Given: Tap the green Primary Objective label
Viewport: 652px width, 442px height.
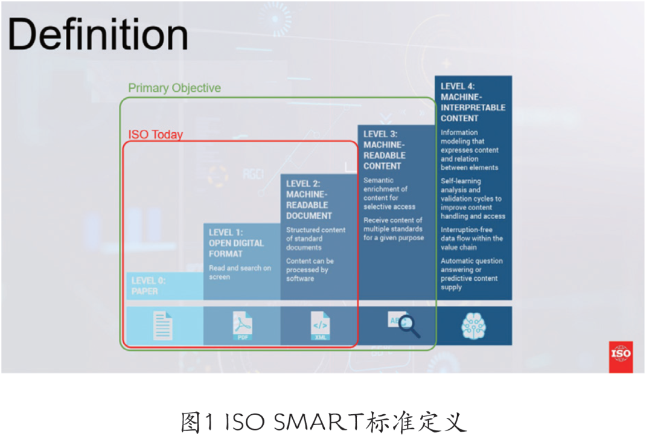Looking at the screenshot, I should pos(174,88).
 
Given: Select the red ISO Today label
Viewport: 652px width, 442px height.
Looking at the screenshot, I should pos(156,135).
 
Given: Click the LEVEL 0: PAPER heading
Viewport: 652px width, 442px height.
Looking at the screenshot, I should pos(149,286).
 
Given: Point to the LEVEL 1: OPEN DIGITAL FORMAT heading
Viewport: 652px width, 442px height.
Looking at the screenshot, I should pos(236,243).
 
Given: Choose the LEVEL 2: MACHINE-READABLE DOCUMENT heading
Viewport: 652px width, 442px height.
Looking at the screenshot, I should pos(309,199).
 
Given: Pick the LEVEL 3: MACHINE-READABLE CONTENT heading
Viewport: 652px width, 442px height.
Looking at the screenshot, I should pos(385,150).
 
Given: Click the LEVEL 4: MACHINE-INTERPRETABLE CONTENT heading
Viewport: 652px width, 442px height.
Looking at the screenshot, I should pos(473,102).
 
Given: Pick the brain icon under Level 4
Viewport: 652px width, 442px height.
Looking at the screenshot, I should pos(473,327).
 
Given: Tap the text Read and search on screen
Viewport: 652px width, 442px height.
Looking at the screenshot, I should pos(240,272).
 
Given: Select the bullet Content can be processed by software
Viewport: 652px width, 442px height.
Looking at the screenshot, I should pos(310,269).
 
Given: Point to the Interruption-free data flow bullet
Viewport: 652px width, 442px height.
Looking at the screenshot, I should pos(471,239).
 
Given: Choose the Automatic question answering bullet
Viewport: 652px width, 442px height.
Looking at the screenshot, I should pos(471,274).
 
